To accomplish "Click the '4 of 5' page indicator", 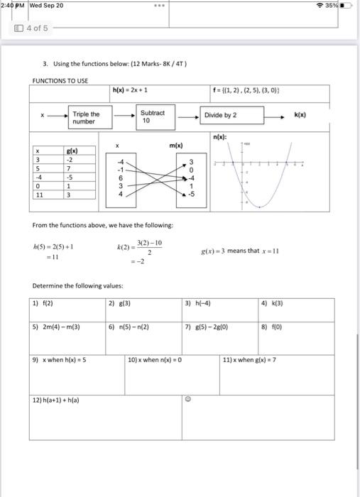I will click(33, 28).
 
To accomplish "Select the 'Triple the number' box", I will click(86, 116).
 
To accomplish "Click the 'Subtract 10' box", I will click(153, 116).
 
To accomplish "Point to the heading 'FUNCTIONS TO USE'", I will click(60, 80).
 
